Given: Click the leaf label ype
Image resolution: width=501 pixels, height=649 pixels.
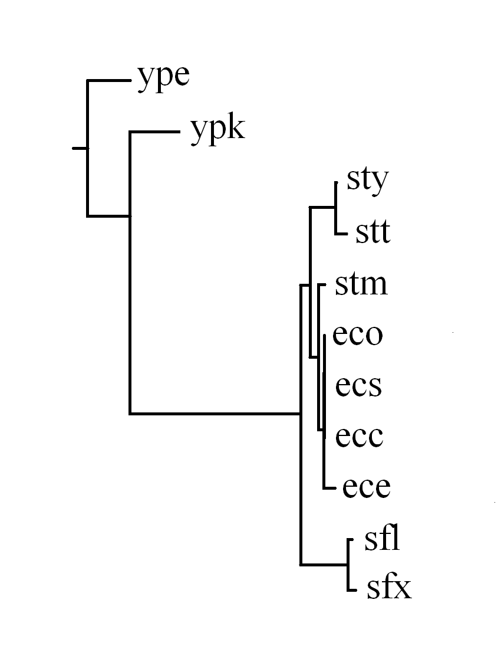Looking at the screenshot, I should point(163,78).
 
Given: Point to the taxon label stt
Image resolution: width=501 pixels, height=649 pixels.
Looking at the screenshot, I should point(373,232).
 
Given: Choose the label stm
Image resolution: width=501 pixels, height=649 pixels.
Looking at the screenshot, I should point(361,284).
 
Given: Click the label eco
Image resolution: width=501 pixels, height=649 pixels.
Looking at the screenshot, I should point(358,335).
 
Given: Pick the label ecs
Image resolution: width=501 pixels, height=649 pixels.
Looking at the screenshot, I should point(359,386).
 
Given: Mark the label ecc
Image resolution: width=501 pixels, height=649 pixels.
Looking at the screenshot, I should point(360,437).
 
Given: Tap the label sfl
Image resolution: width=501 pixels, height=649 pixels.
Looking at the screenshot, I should point(383,539).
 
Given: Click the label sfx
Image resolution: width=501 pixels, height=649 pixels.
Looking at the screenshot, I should point(388,588).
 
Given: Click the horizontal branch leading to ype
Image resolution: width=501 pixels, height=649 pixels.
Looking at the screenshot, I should point(109,80).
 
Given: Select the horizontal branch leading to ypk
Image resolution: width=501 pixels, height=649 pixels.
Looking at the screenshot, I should point(154,132).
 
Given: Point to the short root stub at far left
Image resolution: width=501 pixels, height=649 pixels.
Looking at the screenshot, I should point(80,148).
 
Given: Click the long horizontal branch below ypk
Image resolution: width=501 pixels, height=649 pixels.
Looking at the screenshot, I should point(215,413).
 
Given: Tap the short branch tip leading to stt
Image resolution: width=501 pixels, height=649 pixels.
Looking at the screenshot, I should point(340,234).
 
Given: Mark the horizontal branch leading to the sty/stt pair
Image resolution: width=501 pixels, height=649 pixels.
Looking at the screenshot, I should point(323,206).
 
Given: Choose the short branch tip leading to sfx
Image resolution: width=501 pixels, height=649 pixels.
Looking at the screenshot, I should point(354,589).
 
